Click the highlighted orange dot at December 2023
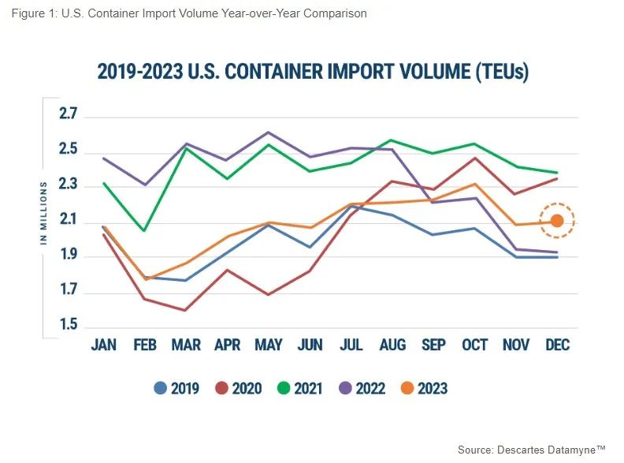coord(556,221)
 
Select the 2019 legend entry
coord(177,388)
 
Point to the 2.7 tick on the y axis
coord(68,116)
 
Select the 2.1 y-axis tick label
coord(68,222)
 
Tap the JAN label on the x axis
coord(104,345)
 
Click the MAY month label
coord(269,345)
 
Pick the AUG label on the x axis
coord(392,345)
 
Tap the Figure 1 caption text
coord(189,13)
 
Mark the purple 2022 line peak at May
coord(269,133)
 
